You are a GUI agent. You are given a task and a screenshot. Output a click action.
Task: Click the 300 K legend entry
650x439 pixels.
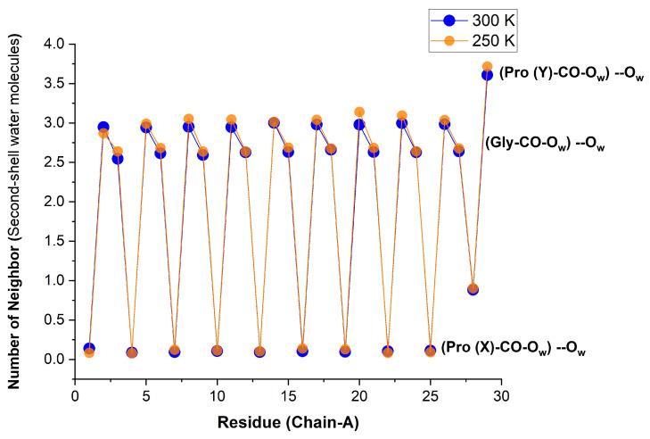click(487, 17)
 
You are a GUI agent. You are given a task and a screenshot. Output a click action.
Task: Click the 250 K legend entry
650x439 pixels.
click(487, 39)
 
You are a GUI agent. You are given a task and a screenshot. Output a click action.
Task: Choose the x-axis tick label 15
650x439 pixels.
click(288, 393)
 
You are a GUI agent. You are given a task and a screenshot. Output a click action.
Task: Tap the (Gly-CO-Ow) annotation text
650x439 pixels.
click(544, 144)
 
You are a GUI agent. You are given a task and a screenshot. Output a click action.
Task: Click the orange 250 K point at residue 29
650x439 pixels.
click(487, 67)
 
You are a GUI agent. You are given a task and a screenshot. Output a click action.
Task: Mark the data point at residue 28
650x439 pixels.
click(473, 289)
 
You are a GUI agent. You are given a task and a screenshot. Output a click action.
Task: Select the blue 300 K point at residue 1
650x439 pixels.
click(89, 348)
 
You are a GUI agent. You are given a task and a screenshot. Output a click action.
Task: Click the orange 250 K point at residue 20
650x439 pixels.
click(359, 112)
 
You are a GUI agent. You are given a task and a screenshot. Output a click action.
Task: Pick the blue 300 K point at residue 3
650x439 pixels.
click(118, 159)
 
